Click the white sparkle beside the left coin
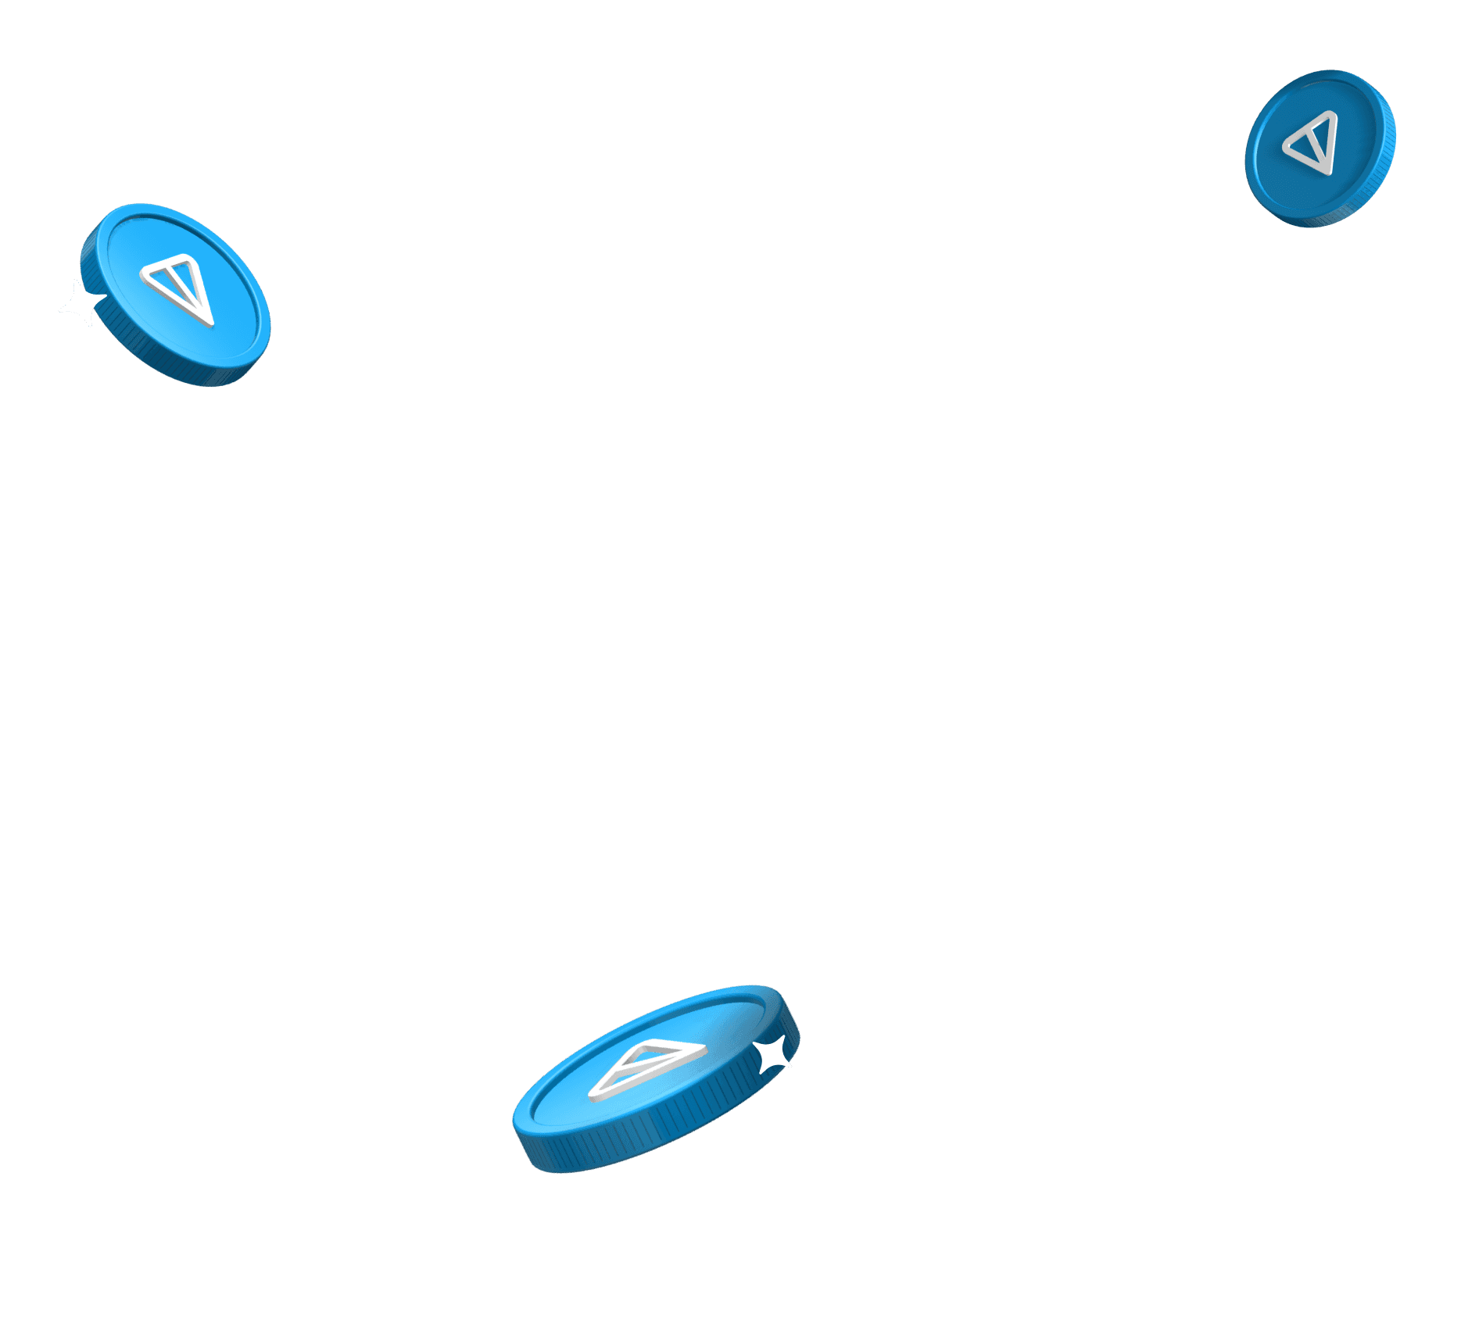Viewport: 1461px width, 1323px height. click(81, 304)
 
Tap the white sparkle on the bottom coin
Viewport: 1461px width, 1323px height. click(774, 1055)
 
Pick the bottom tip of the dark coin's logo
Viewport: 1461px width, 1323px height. click(1326, 170)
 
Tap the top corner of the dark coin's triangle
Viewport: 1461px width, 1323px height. click(1334, 113)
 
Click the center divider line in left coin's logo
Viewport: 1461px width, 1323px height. click(184, 289)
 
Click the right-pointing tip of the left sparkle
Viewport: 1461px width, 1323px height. click(106, 298)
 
